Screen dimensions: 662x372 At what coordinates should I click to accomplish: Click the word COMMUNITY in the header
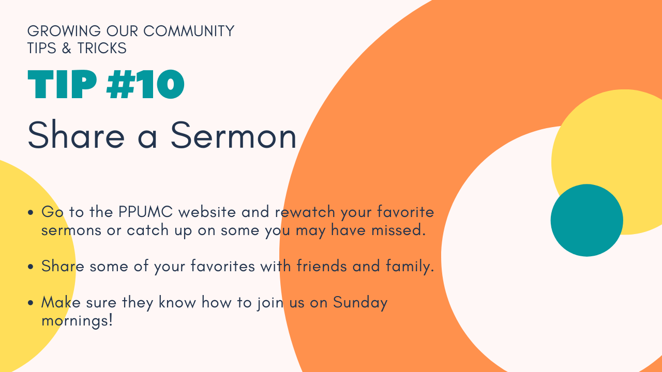[x=189, y=31]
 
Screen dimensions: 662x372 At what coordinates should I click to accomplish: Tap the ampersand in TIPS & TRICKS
[x=67, y=48]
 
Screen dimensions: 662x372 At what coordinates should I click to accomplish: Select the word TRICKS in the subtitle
[x=102, y=48]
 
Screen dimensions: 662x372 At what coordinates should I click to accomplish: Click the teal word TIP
[x=62, y=84]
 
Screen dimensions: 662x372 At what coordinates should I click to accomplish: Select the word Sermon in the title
[x=233, y=136]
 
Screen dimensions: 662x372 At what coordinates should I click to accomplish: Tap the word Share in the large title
[x=76, y=135]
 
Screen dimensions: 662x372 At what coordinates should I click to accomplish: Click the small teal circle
[x=587, y=220]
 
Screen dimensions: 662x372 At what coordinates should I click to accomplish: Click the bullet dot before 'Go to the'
[x=31, y=212]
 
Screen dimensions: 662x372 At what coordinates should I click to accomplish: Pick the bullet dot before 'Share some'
[x=31, y=267]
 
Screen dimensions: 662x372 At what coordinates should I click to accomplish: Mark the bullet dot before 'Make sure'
[x=31, y=303]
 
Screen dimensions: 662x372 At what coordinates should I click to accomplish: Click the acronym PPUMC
[x=145, y=212]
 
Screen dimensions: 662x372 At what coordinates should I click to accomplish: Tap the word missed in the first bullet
[x=398, y=230]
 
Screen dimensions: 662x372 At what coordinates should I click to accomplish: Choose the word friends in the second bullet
[x=322, y=266]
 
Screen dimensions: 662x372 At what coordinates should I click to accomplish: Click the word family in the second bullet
[x=410, y=267]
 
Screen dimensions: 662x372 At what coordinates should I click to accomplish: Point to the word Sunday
[x=360, y=303]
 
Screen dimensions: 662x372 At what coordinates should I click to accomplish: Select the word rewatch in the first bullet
[x=305, y=212]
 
